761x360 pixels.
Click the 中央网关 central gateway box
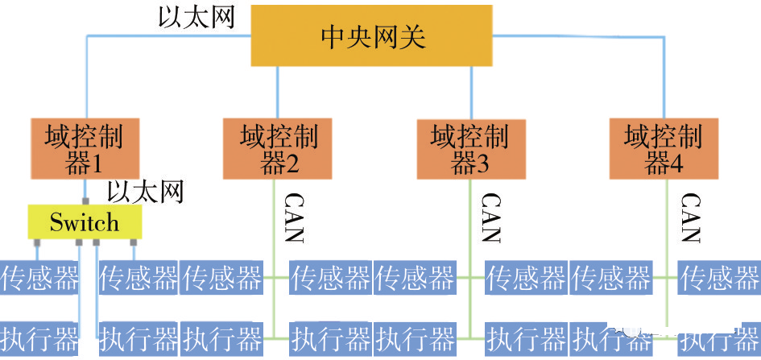tap(372, 37)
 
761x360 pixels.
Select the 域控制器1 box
tap(85, 148)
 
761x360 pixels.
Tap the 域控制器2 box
tap(279, 148)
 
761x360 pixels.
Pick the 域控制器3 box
tap(470, 148)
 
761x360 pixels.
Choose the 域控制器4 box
tap(664, 148)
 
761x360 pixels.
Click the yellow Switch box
tap(85, 222)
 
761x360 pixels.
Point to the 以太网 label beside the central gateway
tap(196, 17)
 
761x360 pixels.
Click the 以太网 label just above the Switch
tap(146, 192)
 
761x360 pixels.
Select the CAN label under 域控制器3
tap(490, 217)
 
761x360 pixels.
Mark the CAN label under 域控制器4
tap(690, 217)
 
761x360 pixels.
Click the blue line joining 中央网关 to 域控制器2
tap(278, 92)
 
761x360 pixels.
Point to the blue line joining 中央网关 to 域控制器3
tap(470, 92)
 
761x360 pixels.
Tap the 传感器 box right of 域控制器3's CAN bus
tap(525, 279)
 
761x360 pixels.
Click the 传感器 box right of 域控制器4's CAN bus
tap(719, 279)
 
